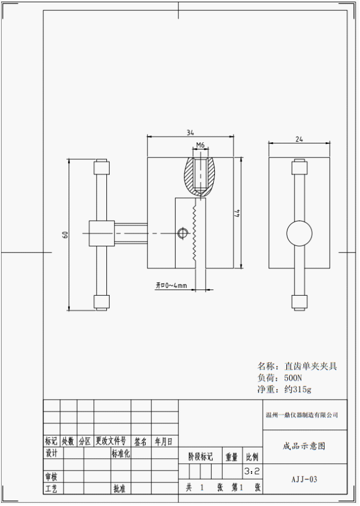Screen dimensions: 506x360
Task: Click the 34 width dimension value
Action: [190, 133]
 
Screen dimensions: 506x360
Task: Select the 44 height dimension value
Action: [238, 213]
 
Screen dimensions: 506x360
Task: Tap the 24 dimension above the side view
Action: [298, 139]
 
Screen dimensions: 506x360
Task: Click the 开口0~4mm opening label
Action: [171, 286]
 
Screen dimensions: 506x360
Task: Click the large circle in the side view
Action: [299, 234]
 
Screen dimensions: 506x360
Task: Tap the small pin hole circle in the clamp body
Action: [182, 233]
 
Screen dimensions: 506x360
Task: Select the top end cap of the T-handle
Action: [102, 167]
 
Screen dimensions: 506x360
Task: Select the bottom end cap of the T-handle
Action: [102, 302]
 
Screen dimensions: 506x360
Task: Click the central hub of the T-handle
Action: [102, 233]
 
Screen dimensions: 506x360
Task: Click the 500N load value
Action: [294, 378]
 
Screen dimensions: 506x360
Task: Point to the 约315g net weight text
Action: [298, 389]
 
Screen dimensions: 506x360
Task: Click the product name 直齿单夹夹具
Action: [310, 367]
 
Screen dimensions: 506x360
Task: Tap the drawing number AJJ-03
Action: [304, 480]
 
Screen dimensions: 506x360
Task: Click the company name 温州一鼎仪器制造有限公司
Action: [302, 415]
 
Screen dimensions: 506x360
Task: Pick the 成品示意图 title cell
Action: [304, 446]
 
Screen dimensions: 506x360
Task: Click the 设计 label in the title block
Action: [52, 453]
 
